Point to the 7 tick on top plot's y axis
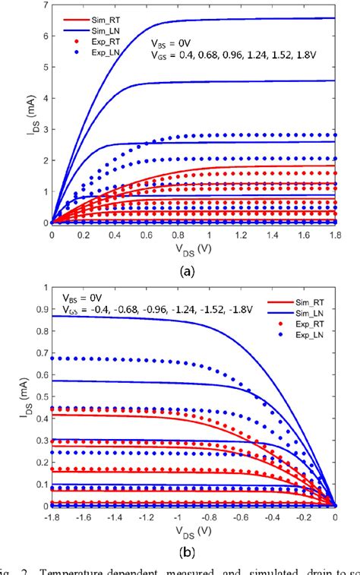pyautogui.click(x=44, y=6)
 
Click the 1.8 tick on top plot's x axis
pyautogui.click(x=334, y=236)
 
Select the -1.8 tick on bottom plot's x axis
pyautogui.click(x=52, y=518)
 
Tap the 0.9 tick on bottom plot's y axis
pyautogui.click(x=38, y=309)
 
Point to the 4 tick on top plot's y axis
pyautogui.click(x=44, y=99)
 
